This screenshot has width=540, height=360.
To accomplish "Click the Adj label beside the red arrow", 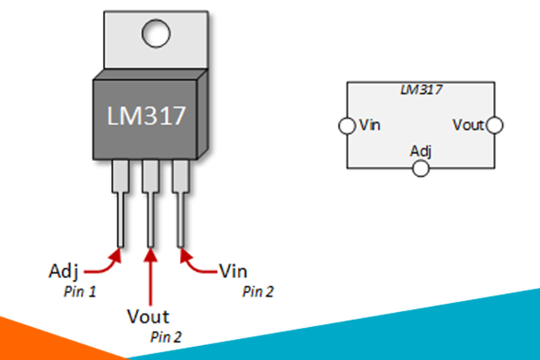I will pyautogui.click(x=64, y=268).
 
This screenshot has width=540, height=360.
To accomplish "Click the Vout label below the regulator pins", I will pyautogui.click(x=149, y=316).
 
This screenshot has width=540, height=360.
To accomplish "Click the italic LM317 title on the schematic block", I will pyautogui.click(x=421, y=90).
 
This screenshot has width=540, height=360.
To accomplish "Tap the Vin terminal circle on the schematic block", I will pyautogui.click(x=346, y=125).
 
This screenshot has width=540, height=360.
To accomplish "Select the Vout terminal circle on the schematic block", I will pyautogui.click(x=494, y=125).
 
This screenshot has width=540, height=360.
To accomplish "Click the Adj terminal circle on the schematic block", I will pyautogui.click(x=421, y=168).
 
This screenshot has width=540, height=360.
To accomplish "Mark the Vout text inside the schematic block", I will pyautogui.click(x=469, y=125).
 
